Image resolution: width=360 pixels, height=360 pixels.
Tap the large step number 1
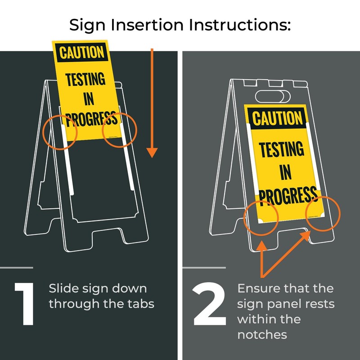point(24,304)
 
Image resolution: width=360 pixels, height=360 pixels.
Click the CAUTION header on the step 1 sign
point(81,52)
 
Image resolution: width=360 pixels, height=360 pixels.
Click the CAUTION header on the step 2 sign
point(277,119)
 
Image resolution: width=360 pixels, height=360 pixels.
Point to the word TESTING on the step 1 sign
point(85,79)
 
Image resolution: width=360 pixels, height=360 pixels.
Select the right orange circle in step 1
point(119,130)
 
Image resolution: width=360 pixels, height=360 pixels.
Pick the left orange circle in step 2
point(261,217)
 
